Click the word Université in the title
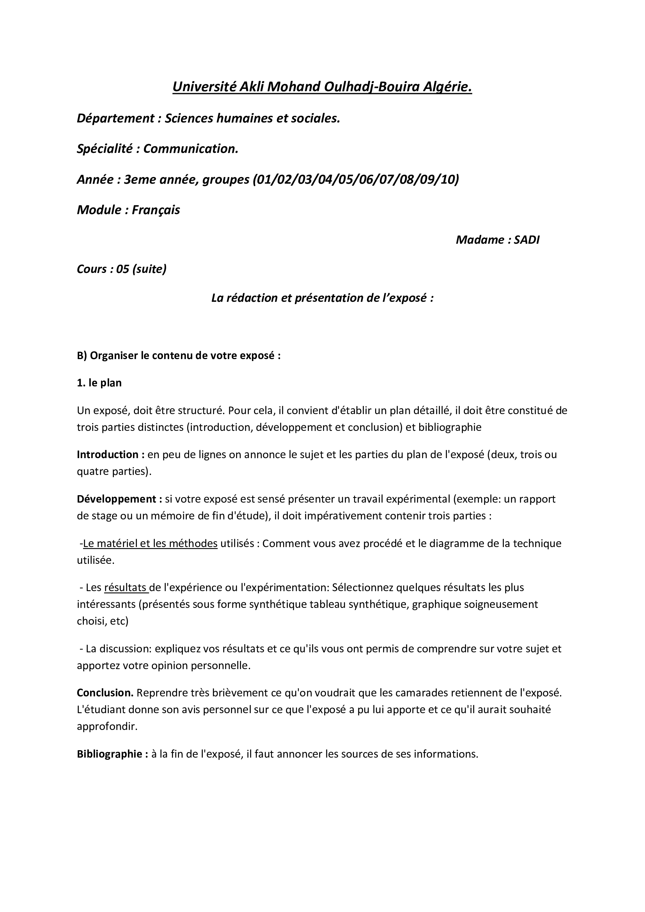click(204, 87)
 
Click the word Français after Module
click(156, 210)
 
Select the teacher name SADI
click(526, 239)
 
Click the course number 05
click(123, 269)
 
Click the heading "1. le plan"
click(99, 383)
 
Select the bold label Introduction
click(107, 454)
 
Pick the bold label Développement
click(116, 499)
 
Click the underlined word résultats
click(125, 587)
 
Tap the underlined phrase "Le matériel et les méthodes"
click(150, 543)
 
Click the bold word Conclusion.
click(105, 693)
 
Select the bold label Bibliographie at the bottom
click(110, 754)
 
